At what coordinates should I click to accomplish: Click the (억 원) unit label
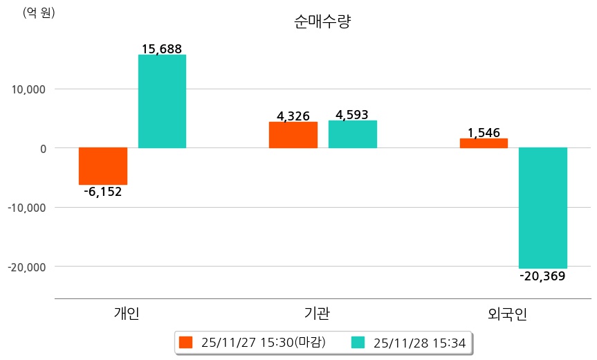(x=39, y=13)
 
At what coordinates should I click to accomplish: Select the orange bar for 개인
(x=103, y=166)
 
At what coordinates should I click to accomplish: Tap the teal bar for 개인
(x=162, y=101)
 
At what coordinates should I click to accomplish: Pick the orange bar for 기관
(x=293, y=135)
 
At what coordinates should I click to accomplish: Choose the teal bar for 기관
(x=353, y=134)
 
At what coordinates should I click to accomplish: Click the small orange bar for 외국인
(x=484, y=143)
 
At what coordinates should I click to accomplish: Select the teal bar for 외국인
(x=543, y=208)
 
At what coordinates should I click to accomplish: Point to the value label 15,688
(x=162, y=49)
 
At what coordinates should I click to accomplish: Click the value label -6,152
(x=103, y=192)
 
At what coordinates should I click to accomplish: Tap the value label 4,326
(x=293, y=116)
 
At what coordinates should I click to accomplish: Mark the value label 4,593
(x=352, y=115)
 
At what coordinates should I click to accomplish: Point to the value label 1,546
(x=484, y=132)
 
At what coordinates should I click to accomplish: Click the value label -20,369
(x=542, y=276)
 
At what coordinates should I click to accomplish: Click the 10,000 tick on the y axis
(x=27, y=89)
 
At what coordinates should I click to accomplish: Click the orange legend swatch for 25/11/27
(x=185, y=343)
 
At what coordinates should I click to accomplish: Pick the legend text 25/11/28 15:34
(x=419, y=343)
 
